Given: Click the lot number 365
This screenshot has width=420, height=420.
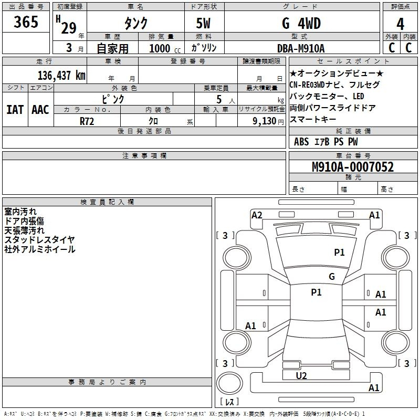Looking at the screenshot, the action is [26, 22].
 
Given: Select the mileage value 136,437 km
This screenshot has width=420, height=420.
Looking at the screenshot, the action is [61, 76].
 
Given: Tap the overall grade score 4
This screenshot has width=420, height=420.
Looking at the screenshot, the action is [400, 24].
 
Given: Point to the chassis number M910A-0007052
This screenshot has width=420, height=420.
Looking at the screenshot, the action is [353, 167].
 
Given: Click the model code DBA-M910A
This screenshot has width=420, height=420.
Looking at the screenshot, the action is [301, 48].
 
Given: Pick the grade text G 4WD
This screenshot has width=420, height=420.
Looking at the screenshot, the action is [301, 23].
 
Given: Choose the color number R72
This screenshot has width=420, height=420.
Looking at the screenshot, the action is [87, 121].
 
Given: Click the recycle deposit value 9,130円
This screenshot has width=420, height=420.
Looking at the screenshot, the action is [268, 121].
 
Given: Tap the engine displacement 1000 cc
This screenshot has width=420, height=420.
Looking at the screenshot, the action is [165, 49].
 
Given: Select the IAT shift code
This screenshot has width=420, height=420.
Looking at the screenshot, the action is [15, 110].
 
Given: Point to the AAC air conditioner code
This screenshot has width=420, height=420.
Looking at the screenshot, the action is [40, 110].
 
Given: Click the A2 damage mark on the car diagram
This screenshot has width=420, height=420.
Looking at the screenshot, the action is [257, 215].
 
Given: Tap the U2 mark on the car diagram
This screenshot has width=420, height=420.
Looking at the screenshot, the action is [301, 375].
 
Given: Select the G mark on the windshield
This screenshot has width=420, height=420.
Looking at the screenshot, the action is [332, 276].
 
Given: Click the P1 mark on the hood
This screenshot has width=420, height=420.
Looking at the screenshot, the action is [339, 252].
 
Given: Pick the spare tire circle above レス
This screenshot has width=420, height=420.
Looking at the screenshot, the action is [229, 383].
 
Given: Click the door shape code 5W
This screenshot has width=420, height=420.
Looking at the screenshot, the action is [203, 23].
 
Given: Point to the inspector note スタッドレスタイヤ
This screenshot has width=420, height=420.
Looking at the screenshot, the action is [39, 240].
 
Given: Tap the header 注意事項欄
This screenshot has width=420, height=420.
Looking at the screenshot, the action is [144, 155].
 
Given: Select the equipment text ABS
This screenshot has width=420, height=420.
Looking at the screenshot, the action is [301, 142].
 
